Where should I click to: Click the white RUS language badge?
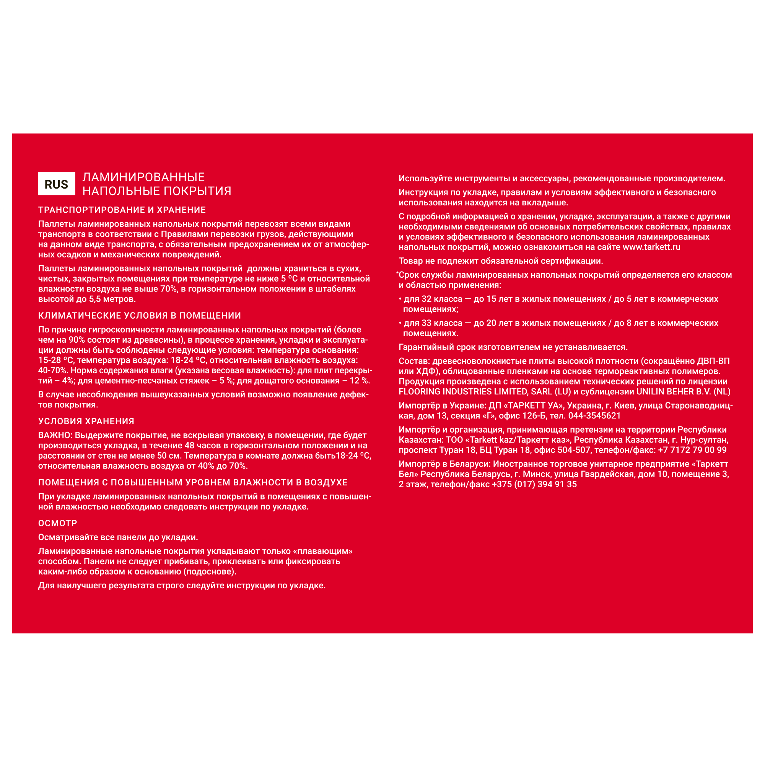[56, 184]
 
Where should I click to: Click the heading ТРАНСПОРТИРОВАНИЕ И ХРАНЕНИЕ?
[122, 210]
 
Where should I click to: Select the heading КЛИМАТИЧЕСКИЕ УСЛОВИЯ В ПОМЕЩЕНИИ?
[139, 316]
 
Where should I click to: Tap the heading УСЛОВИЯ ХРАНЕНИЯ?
[86, 421]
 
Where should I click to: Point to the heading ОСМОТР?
[57, 523]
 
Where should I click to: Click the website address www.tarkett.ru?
[651, 247]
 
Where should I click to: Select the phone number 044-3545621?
[594, 416]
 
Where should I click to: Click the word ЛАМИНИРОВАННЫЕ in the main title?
[143, 177]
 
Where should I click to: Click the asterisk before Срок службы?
[397, 273]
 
